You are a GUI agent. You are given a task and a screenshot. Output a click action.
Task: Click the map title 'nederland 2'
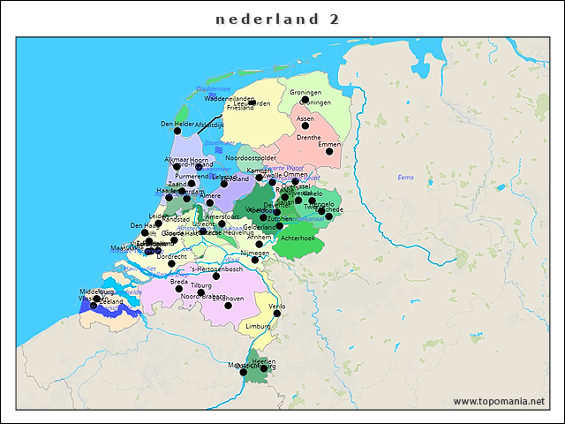[x=278, y=19]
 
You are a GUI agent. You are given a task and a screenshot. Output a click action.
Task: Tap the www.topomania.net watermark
[x=499, y=401]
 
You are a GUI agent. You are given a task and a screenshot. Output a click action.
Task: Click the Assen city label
[x=305, y=117]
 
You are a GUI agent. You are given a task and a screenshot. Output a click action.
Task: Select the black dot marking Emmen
[x=329, y=152]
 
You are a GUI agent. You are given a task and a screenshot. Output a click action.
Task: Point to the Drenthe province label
[x=308, y=138]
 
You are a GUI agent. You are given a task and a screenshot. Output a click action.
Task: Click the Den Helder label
[x=177, y=124]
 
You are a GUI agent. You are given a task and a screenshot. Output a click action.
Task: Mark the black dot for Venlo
[x=276, y=314]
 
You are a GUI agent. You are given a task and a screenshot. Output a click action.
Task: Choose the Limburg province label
[x=259, y=326]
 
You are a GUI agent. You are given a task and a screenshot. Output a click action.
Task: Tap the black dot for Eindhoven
[x=228, y=306]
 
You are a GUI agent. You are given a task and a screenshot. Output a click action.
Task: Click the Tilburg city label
[x=201, y=285]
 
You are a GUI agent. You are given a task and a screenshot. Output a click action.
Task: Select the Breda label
[x=178, y=282]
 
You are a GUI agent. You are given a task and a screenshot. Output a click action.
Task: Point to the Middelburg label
[x=97, y=291]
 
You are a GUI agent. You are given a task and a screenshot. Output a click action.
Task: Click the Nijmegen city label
[x=254, y=253]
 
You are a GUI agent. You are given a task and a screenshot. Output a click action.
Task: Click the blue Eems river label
[x=405, y=178]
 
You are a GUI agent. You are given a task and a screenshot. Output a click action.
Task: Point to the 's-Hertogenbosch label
[x=217, y=269]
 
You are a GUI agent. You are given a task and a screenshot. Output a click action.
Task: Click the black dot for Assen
[x=305, y=126]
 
